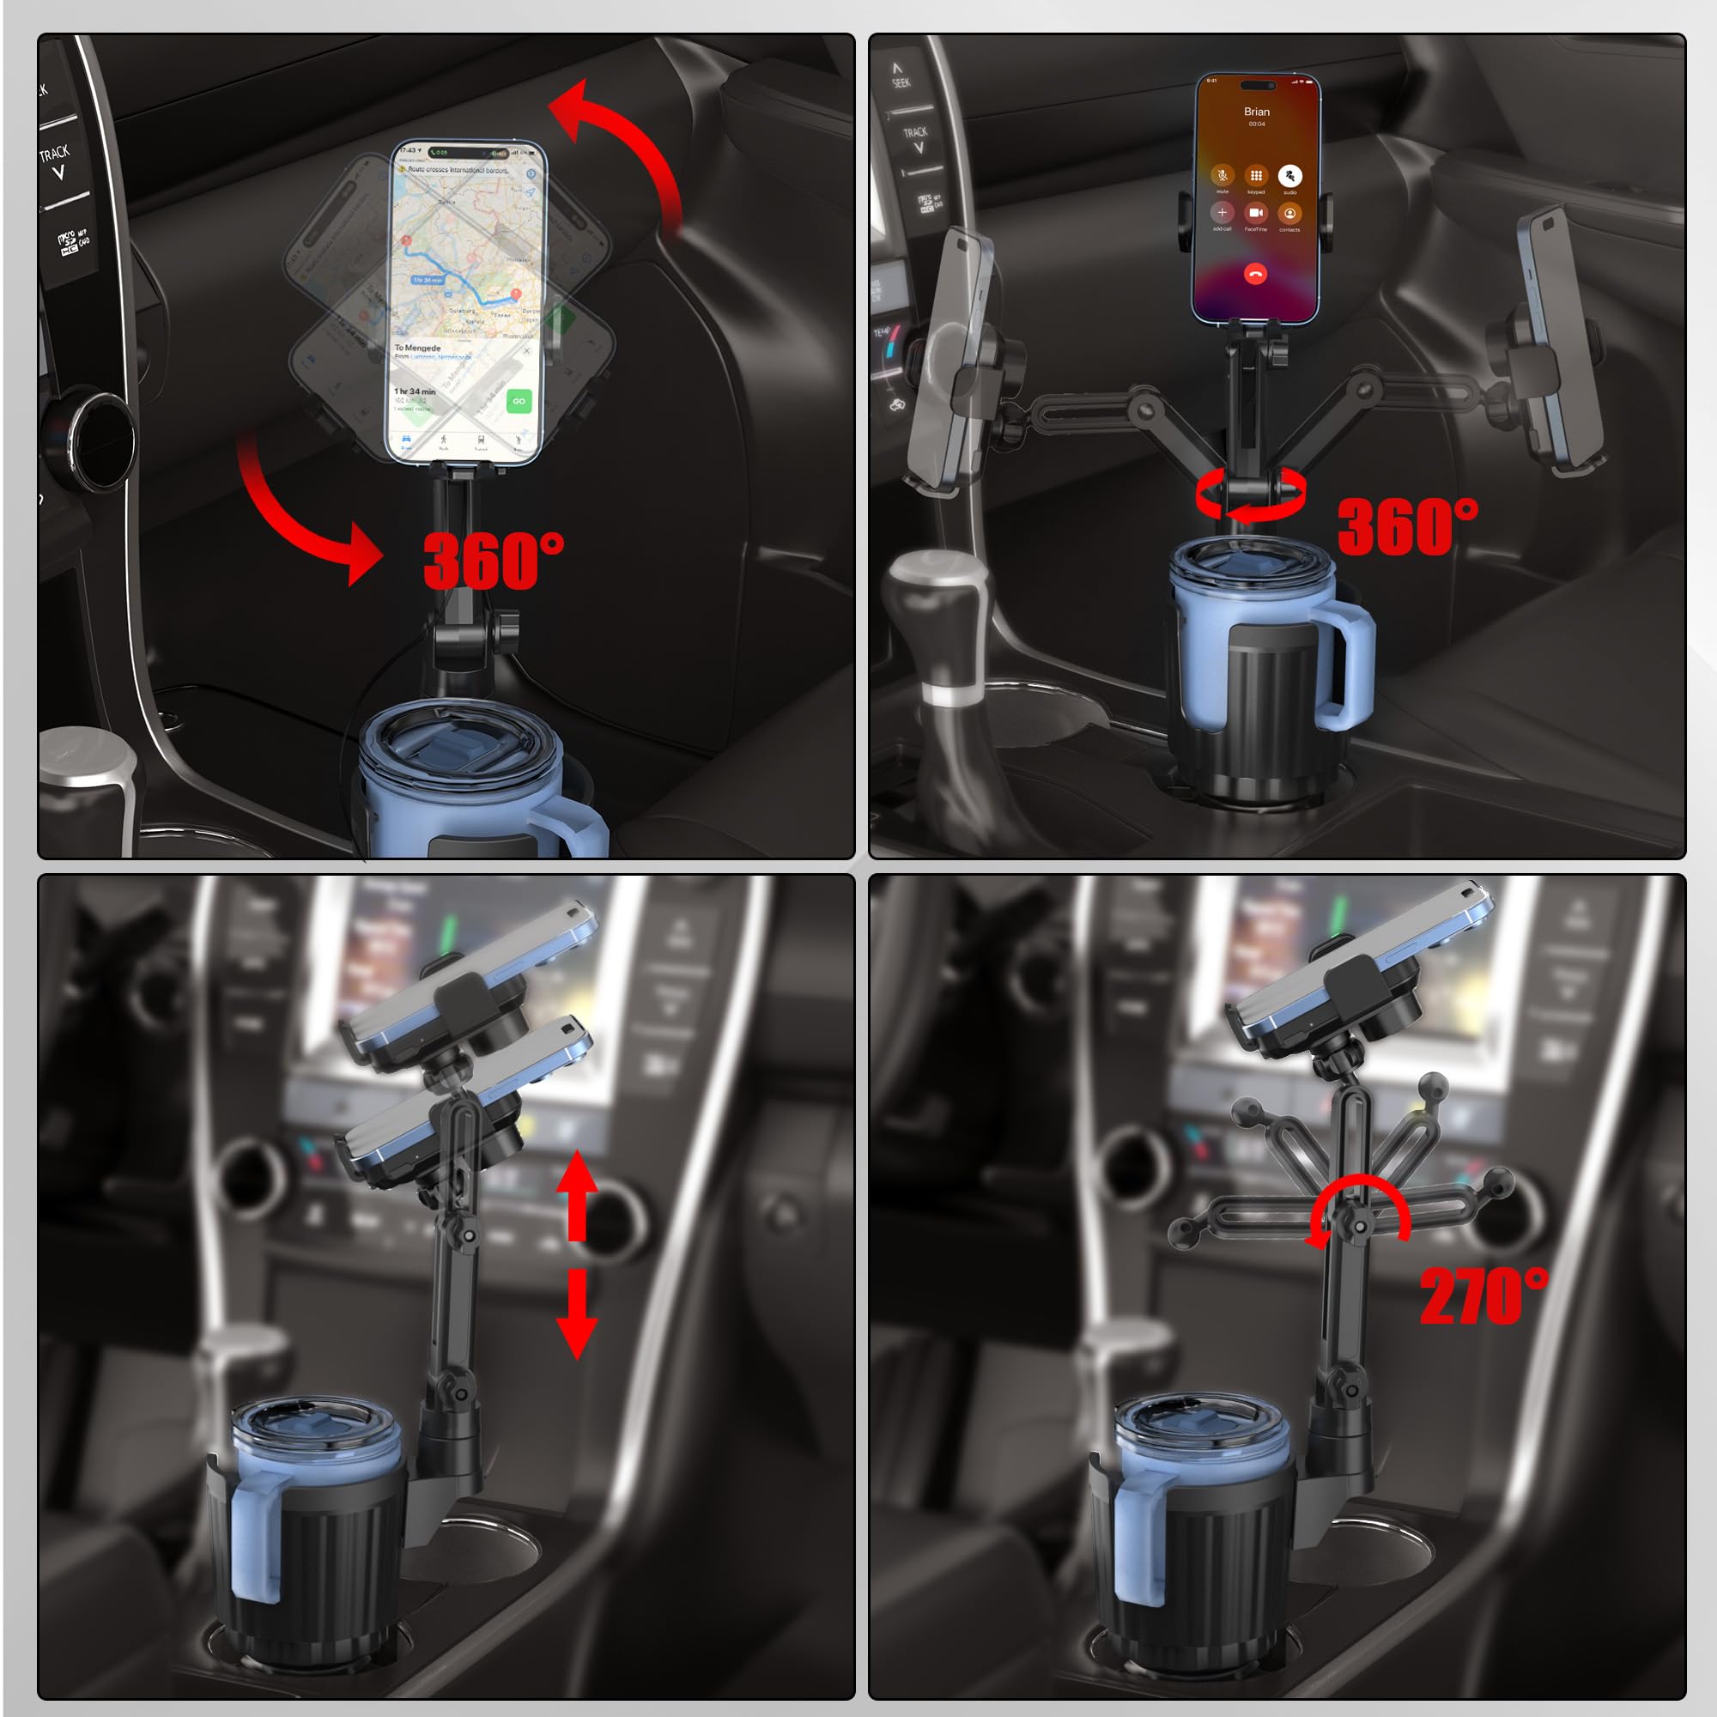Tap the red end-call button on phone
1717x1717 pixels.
click(x=1255, y=275)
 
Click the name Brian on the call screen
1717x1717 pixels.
click(x=1256, y=112)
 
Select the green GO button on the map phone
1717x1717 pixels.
click(x=519, y=401)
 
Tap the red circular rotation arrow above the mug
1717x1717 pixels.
click(x=1251, y=494)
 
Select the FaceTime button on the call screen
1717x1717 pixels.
click(x=1255, y=213)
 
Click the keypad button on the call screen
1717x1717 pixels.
click(x=1255, y=176)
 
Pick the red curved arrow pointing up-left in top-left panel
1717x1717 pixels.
click(x=622, y=143)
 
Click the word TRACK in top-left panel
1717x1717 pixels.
click(x=54, y=154)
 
